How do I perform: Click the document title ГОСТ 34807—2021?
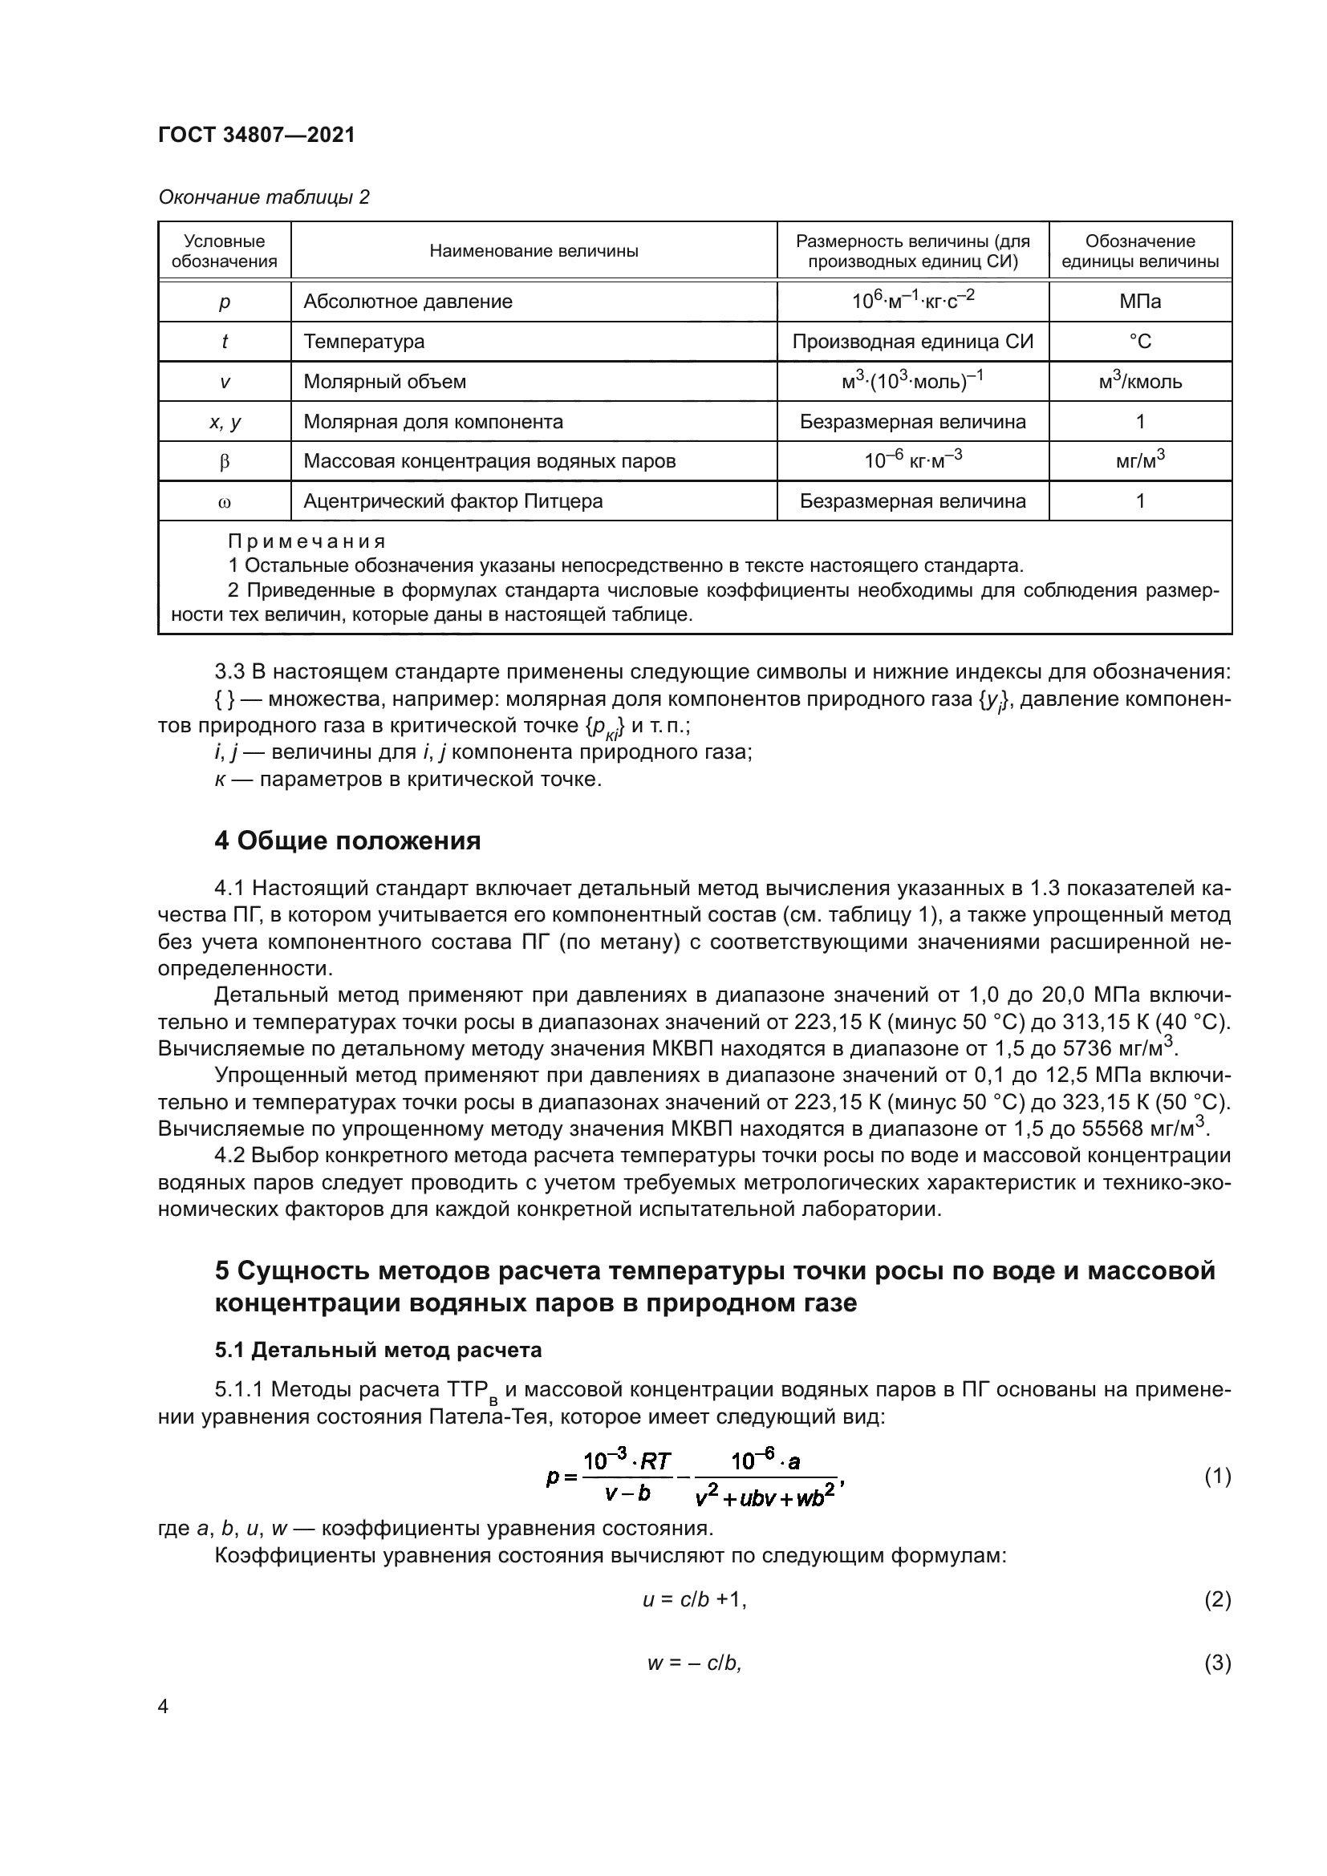(x=257, y=135)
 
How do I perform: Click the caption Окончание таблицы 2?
(x=263, y=197)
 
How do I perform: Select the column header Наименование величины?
(x=534, y=251)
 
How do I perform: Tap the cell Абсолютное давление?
(x=408, y=302)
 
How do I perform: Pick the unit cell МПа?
(x=1140, y=302)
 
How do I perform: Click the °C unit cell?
(x=1140, y=342)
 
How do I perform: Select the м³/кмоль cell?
(x=1140, y=382)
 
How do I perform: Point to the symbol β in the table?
(x=225, y=462)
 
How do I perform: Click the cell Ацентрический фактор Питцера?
(x=452, y=500)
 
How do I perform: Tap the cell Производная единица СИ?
(x=913, y=342)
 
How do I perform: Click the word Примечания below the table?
(x=306, y=541)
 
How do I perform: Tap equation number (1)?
(x=1218, y=1477)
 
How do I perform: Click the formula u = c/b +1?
(x=695, y=1600)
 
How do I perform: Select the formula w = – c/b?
(x=695, y=1663)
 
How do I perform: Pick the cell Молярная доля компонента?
(x=433, y=422)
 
